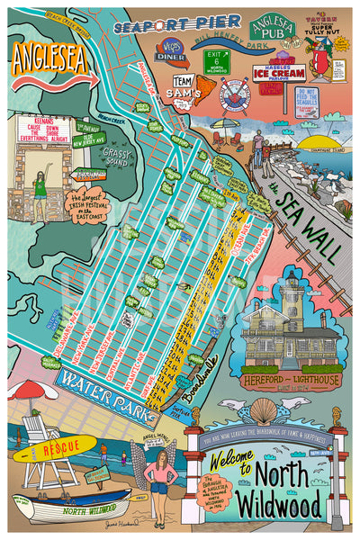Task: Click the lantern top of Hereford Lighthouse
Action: [x=293, y=281]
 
